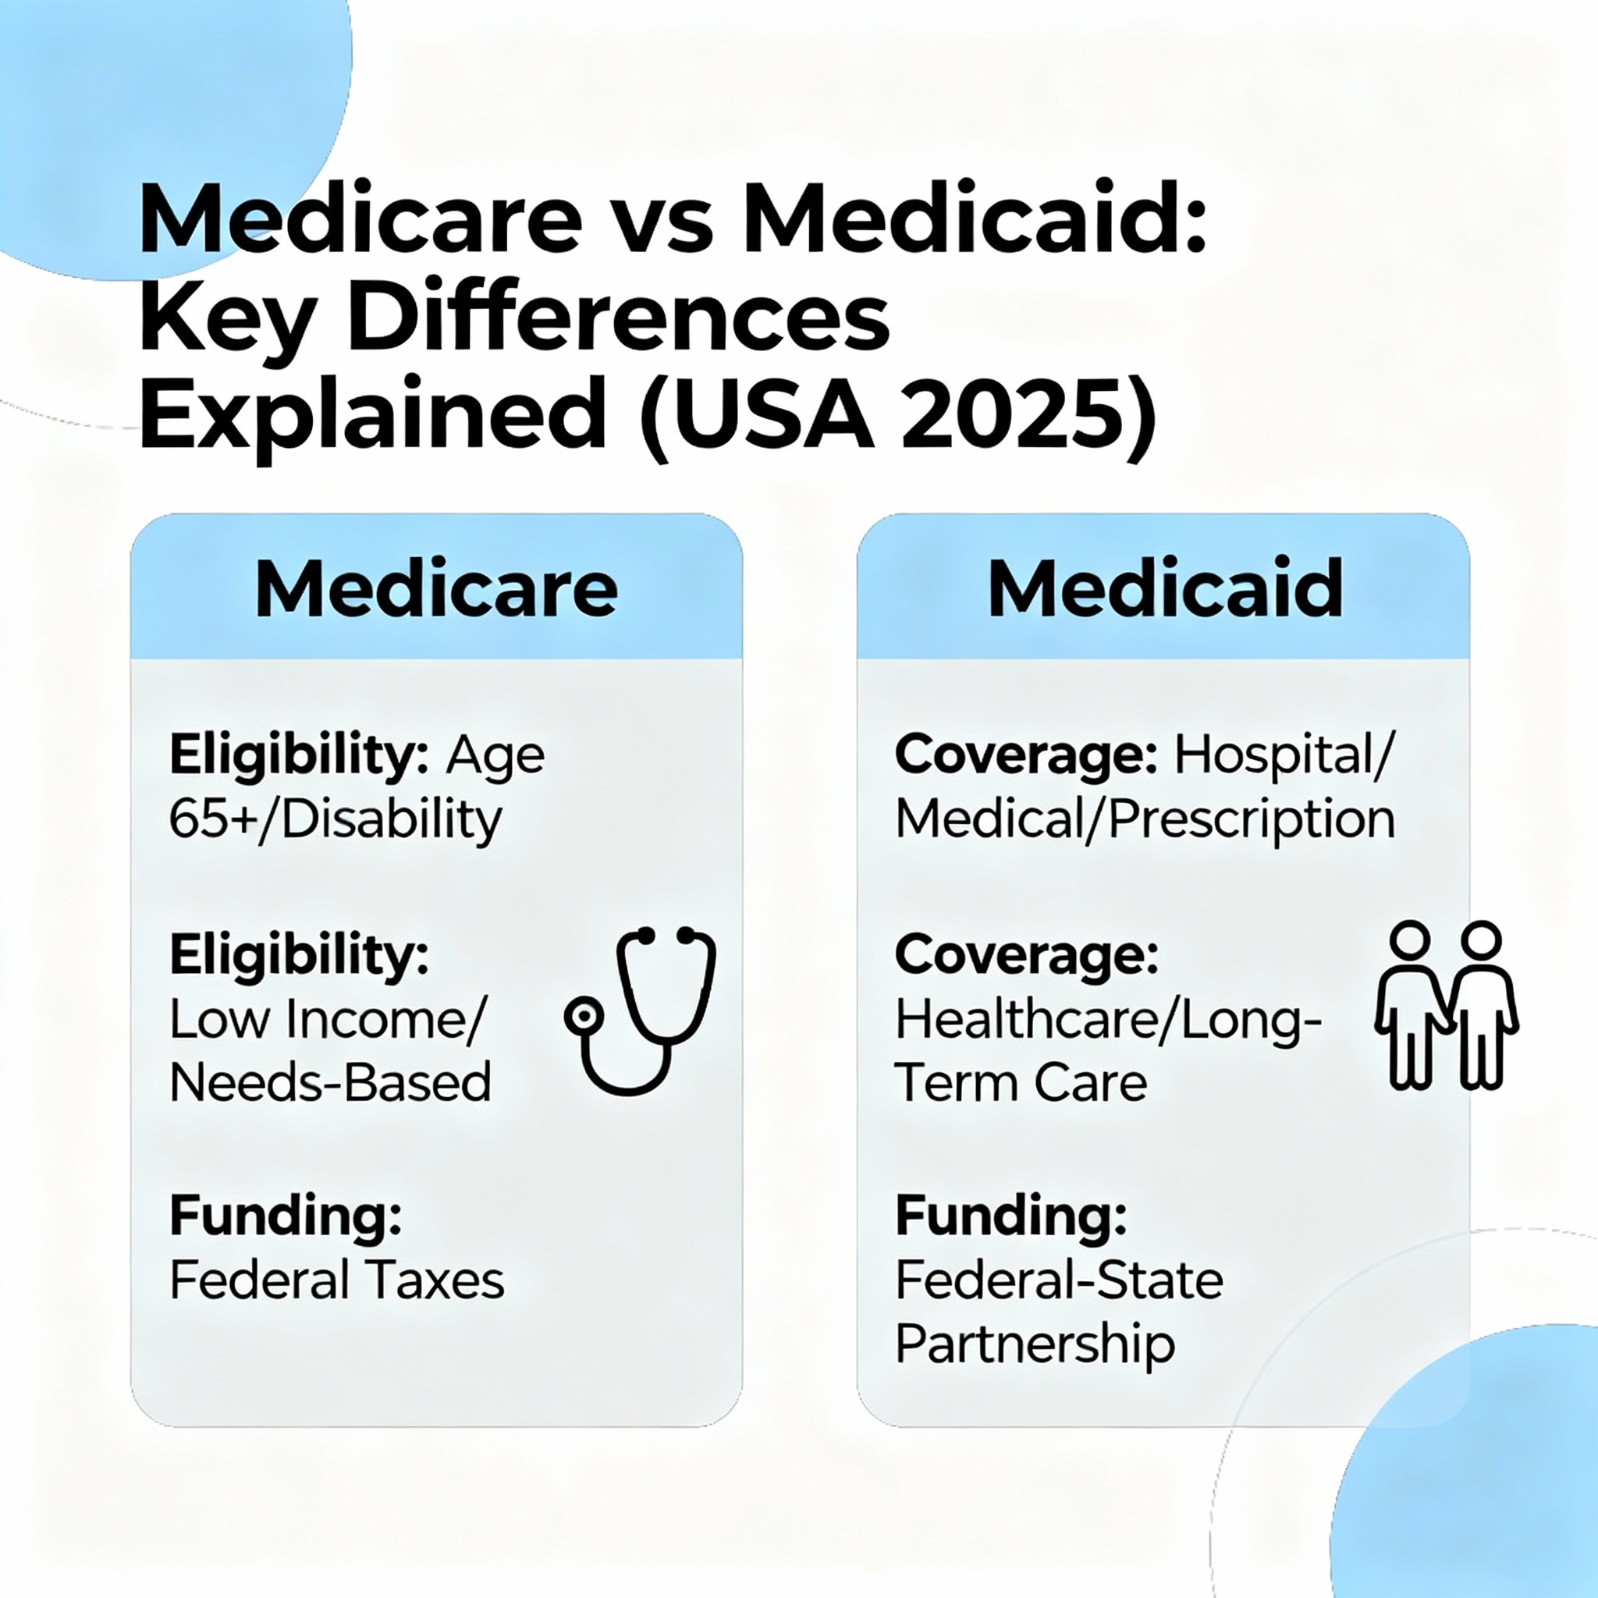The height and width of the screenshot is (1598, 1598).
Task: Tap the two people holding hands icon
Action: click(x=1446, y=1005)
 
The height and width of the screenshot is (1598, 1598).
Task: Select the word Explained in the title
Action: click(x=373, y=415)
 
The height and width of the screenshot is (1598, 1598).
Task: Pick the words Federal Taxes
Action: click(x=336, y=1280)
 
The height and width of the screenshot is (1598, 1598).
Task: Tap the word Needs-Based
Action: click(x=330, y=1082)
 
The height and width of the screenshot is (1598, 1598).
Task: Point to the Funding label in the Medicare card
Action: click(x=286, y=1216)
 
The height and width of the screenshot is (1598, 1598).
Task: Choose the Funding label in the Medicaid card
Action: click(x=1010, y=1216)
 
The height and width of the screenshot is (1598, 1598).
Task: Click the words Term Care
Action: click(x=1021, y=1082)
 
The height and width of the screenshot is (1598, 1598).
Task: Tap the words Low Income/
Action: click(x=328, y=1018)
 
